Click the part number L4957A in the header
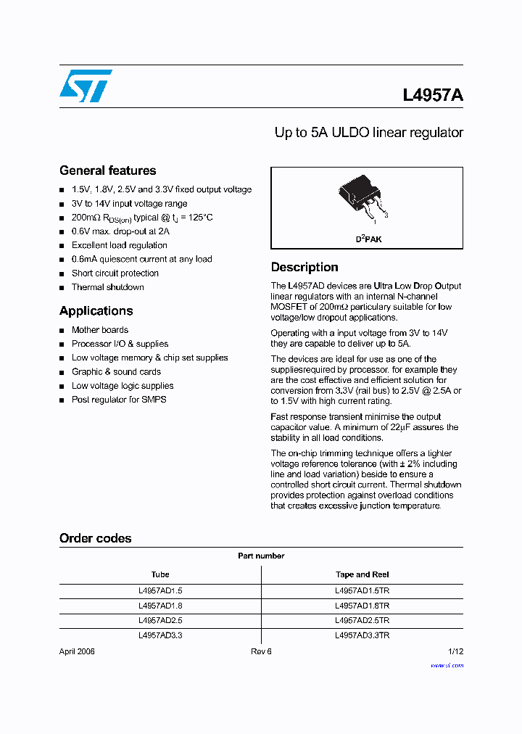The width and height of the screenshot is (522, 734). tap(433, 96)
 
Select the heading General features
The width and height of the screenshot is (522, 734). tap(107, 171)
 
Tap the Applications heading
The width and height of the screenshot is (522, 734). tap(96, 311)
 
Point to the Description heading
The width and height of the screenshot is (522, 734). tap(304, 268)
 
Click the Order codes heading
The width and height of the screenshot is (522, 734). tap(95, 539)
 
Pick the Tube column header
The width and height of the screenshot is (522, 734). tap(160, 574)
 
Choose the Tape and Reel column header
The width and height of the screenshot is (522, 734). tap(362, 574)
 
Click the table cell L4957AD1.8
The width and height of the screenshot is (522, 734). tap(160, 606)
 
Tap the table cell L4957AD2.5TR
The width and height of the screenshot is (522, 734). tap(362, 621)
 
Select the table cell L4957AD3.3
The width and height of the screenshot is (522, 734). tap(160, 635)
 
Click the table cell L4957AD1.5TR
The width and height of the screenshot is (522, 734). tap(362, 591)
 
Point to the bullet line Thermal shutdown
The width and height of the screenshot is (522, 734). tap(107, 287)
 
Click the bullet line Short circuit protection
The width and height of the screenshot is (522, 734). tap(115, 273)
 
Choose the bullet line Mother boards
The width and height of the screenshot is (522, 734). tap(99, 330)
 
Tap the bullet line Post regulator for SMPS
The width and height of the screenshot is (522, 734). tap(118, 400)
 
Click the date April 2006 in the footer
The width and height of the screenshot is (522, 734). tap(77, 651)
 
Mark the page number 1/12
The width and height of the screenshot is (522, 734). tap(455, 651)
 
